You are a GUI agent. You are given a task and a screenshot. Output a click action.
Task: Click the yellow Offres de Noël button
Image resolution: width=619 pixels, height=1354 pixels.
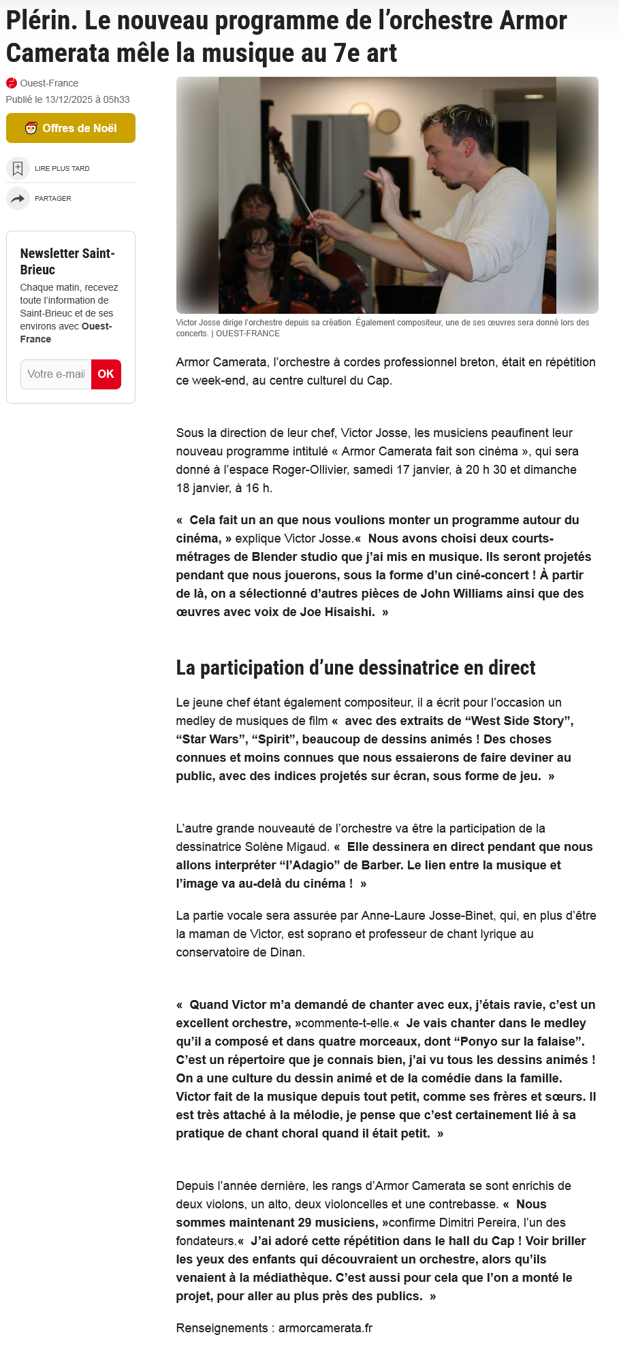71,128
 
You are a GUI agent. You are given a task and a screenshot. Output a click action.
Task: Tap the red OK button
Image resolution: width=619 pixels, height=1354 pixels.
106,374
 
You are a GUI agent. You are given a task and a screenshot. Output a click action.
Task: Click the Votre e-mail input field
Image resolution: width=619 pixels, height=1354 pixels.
56,374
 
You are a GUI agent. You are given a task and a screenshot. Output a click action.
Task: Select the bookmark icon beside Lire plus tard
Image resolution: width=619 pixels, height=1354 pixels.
18,168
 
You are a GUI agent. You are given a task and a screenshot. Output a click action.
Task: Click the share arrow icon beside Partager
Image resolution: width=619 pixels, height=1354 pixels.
18,199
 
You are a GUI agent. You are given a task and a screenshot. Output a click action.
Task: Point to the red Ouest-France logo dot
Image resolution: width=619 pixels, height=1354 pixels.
12,83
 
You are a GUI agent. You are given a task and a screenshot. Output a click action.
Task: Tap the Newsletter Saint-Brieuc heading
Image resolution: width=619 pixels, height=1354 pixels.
67,261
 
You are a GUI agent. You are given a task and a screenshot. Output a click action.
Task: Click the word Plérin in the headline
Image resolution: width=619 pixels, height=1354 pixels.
41,21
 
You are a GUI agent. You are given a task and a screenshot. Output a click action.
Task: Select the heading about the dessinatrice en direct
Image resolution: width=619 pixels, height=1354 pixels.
355,668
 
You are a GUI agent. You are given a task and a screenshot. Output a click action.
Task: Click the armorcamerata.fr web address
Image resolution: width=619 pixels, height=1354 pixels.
326,1328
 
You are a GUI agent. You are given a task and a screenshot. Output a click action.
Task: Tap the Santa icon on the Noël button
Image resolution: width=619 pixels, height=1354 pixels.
31,128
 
